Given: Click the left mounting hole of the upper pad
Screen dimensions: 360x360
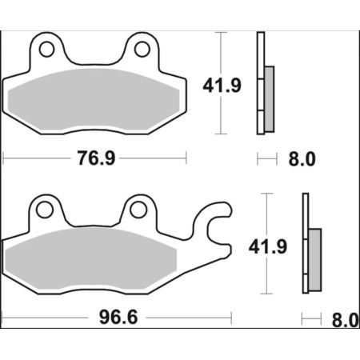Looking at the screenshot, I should [46, 50].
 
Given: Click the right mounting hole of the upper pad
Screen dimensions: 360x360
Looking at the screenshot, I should [142, 50].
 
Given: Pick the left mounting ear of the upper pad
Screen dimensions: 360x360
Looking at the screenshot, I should [46, 48].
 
